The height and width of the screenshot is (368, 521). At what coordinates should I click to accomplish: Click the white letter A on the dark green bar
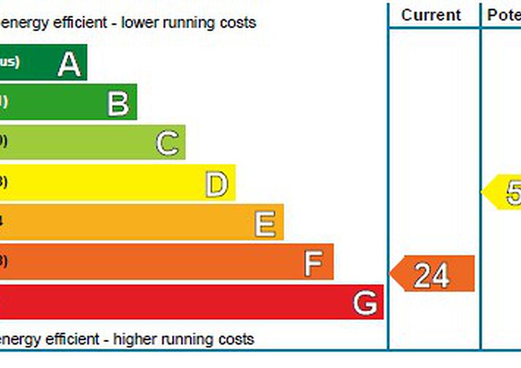tap(69, 64)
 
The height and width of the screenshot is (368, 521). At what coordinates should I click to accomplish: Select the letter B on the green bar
tap(118, 103)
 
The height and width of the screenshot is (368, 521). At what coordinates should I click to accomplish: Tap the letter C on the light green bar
tap(167, 144)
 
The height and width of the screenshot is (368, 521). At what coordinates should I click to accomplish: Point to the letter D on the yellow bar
tap(217, 185)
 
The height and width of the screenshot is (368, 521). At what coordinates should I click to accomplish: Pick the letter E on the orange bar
tap(265, 224)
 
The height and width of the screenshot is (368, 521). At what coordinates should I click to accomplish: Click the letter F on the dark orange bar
tap(314, 263)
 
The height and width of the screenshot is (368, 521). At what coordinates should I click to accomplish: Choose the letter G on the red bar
tap(365, 303)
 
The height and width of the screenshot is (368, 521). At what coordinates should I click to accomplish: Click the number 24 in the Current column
tap(431, 275)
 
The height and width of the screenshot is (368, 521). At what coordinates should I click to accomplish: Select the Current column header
tap(431, 15)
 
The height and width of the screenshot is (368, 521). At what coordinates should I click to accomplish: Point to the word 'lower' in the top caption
tap(139, 23)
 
